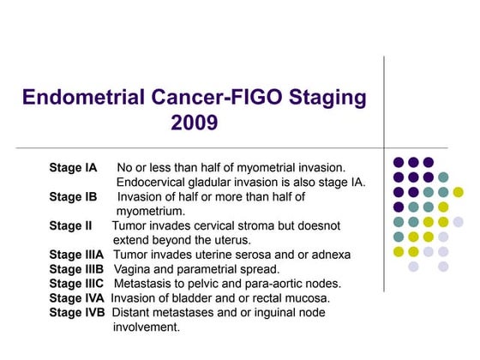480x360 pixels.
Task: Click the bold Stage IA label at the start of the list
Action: pyautogui.click(x=73, y=166)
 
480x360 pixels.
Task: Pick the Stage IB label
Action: pyautogui.click(x=73, y=196)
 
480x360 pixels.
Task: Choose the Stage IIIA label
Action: pyautogui.click(x=76, y=255)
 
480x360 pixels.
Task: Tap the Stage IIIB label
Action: pyautogui.click(x=76, y=269)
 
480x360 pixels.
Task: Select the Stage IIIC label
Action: pyautogui.click(x=77, y=284)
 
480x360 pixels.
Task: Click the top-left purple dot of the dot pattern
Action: pyautogui.click(x=398, y=162)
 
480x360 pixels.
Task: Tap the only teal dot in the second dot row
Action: pyautogui.click(x=443, y=177)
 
